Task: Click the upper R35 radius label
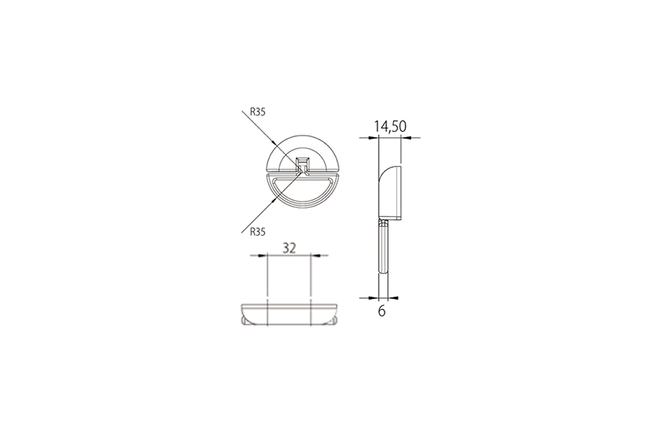257,113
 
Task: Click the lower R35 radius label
257,232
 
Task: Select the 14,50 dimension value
390,127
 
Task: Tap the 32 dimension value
289,248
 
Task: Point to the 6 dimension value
381,311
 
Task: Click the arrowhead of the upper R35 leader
274,143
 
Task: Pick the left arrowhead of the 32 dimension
263,255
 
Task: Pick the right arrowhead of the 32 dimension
315,255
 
